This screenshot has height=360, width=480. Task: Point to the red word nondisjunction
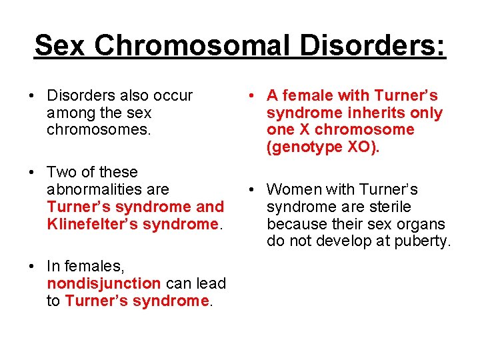point(103,283)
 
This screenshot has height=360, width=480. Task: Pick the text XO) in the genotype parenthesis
point(363,147)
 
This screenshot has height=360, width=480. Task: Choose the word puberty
point(422,241)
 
